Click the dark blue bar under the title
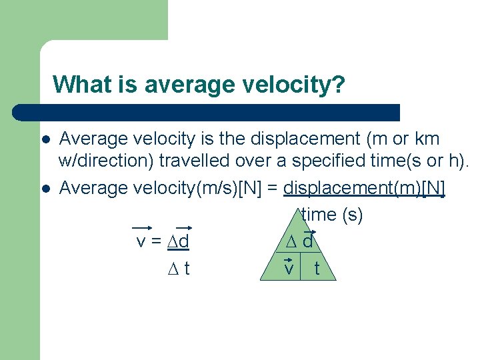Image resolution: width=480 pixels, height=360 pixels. pos(207,112)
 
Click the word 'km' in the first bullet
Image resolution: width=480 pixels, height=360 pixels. pos(424,139)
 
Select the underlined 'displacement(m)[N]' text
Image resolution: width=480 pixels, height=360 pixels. pos(364,189)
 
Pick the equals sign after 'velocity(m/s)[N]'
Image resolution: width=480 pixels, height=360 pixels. pos(273,189)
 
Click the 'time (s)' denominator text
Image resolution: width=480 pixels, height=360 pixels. pos(332,215)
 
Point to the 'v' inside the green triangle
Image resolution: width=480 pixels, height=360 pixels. pos(289,268)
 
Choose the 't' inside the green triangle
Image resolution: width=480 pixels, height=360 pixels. pos(316,268)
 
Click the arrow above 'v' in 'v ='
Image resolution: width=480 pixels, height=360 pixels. pos(141,227)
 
